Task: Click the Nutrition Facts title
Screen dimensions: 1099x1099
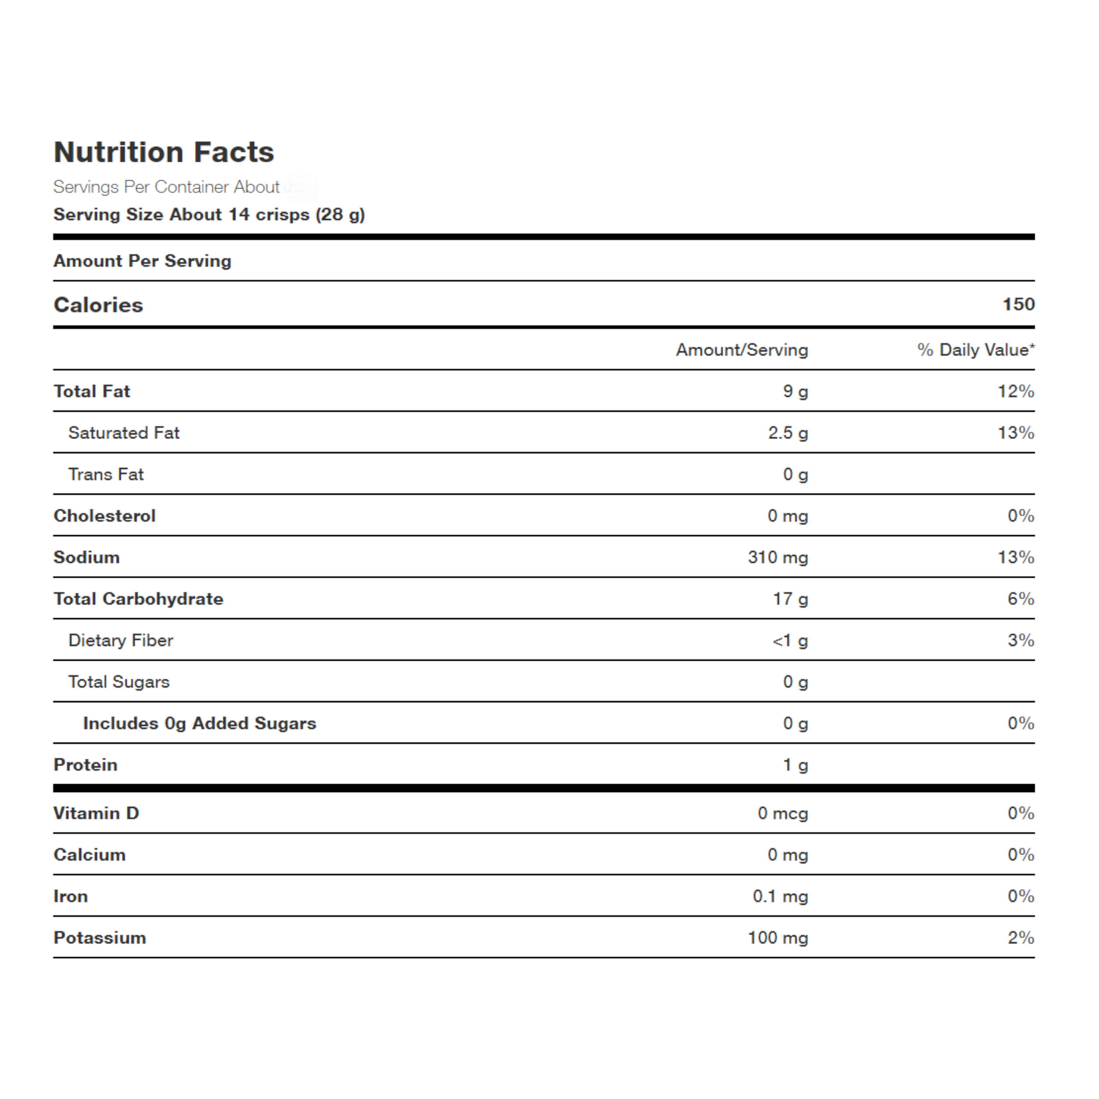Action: tap(164, 152)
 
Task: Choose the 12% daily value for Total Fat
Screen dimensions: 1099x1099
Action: tap(1016, 392)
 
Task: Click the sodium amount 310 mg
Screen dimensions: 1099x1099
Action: tap(777, 557)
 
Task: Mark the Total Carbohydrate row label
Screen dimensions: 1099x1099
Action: tap(138, 599)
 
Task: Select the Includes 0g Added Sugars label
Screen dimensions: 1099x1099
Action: tap(199, 724)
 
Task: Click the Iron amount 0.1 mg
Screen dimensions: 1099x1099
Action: tap(780, 896)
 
